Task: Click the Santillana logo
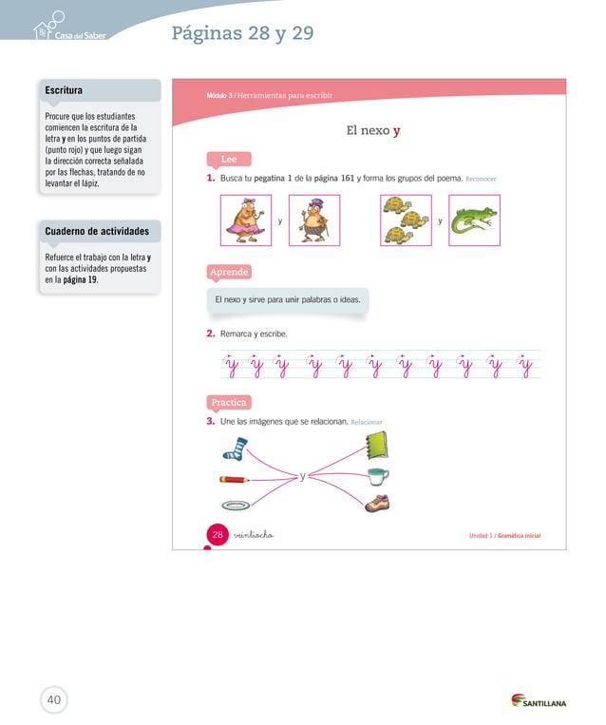coord(539,701)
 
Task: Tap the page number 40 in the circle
coord(54,700)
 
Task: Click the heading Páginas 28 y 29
coord(242,34)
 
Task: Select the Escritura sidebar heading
coord(64,90)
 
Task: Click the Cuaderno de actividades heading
coord(97,231)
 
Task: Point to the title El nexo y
coord(372,130)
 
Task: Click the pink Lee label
coord(229,159)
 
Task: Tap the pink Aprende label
coord(230,273)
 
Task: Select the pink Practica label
coord(229,402)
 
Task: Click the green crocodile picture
coord(474,220)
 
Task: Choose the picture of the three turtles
coord(406,220)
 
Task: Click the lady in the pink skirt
coord(245,220)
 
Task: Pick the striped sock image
coord(236,448)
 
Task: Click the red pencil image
coord(236,479)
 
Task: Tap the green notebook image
coord(375,445)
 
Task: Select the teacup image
coord(378,475)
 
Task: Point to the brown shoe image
coord(377,503)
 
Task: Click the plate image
coord(236,505)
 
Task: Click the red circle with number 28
coord(218,535)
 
